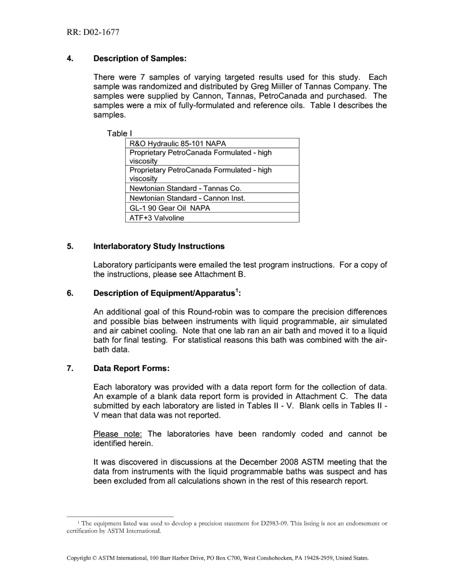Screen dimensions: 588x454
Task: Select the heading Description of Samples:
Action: coord(140,59)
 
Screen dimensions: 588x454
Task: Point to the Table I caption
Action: coord(117,133)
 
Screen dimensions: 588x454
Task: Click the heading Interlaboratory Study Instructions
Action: coord(159,247)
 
